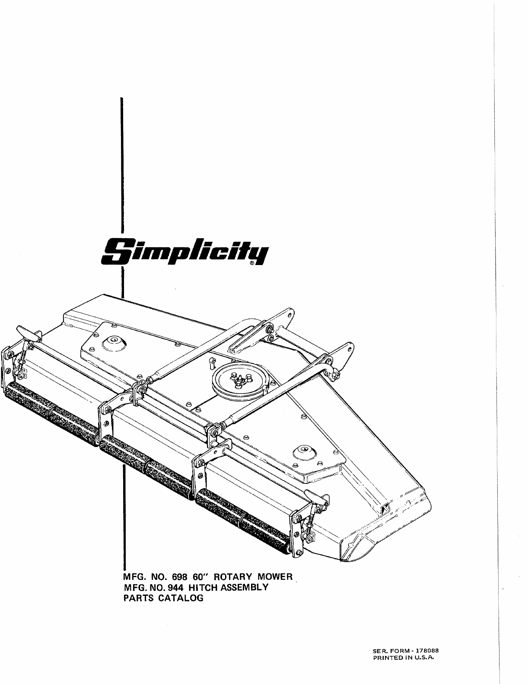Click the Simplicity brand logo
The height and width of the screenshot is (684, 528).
click(x=185, y=251)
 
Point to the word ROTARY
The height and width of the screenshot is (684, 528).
click(x=231, y=577)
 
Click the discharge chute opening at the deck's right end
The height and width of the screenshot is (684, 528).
click(x=385, y=507)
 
